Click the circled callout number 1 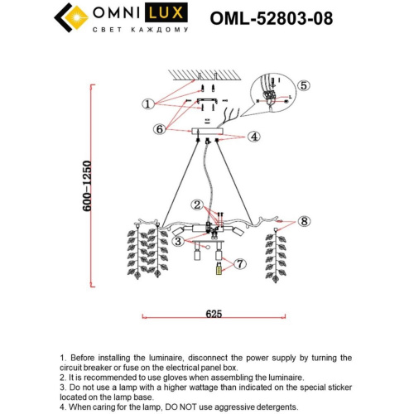[x=148, y=104]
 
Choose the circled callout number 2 [x=197, y=204]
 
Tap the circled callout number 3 [x=178, y=242]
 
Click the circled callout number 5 [x=303, y=85]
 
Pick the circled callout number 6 [x=159, y=128]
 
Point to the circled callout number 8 [x=304, y=221]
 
